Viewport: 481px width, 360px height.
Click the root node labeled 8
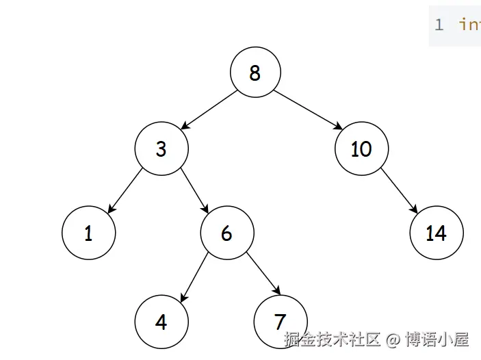tap(255, 73)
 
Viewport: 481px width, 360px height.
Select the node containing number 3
tap(161, 149)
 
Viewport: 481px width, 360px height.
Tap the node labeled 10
tap(361, 149)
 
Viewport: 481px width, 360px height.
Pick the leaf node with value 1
tap(88, 233)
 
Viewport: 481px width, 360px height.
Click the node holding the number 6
tap(226, 233)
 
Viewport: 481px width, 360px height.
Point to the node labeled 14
tap(436, 233)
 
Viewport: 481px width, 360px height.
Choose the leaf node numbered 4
tap(161, 321)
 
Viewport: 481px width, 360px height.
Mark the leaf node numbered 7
tap(279, 321)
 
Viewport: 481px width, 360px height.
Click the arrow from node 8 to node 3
tap(207, 110)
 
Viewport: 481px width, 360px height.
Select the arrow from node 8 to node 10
tap(308, 110)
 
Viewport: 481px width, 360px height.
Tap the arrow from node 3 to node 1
tap(125, 191)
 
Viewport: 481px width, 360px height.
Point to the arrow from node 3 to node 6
tap(194, 191)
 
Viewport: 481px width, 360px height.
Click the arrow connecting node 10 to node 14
tap(398, 191)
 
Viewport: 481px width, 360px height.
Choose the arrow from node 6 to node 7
tap(263, 276)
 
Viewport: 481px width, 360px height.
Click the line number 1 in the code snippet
tap(439, 25)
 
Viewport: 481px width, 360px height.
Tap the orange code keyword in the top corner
tap(470, 25)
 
